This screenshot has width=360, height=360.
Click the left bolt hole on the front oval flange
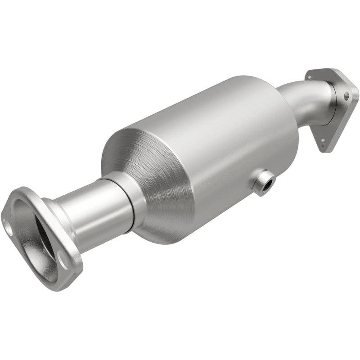(8, 226)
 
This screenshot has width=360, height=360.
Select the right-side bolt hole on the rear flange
(346, 95)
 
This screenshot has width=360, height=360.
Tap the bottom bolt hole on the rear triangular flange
(323, 141)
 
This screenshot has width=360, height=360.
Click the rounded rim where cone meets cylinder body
(108, 153)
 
